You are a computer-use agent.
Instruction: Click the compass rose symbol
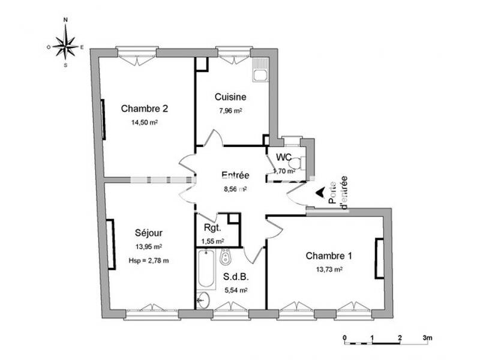(x=65, y=44)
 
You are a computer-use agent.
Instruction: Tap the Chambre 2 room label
(x=144, y=109)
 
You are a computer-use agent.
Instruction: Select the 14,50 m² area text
(x=144, y=122)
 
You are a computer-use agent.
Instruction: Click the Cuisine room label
(x=230, y=96)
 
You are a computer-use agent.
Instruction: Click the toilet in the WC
(x=301, y=164)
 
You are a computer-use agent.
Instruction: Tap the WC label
(x=284, y=157)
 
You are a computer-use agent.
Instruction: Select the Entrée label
(x=235, y=176)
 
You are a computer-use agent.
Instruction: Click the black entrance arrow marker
(x=321, y=193)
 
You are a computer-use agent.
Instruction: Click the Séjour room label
(x=149, y=233)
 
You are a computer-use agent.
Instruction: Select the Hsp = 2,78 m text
(x=149, y=260)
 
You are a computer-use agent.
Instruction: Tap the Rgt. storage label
(x=212, y=228)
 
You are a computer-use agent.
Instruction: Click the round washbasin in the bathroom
(x=204, y=300)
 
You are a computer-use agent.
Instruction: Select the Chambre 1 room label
(x=329, y=256)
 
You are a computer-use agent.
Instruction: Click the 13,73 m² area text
(x=329, y=269)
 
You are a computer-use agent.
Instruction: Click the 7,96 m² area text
(x=230, y=110)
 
